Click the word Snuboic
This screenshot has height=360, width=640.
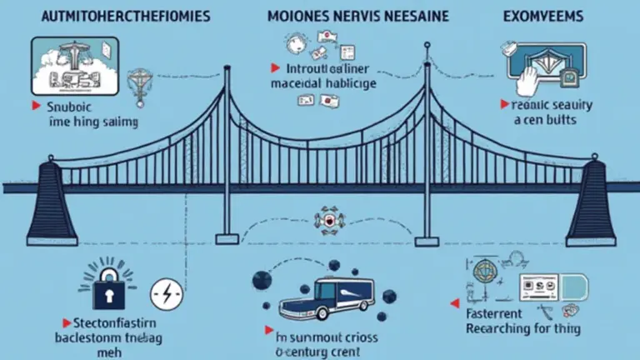(72, 107)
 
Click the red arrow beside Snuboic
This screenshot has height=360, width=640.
(37, 107)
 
